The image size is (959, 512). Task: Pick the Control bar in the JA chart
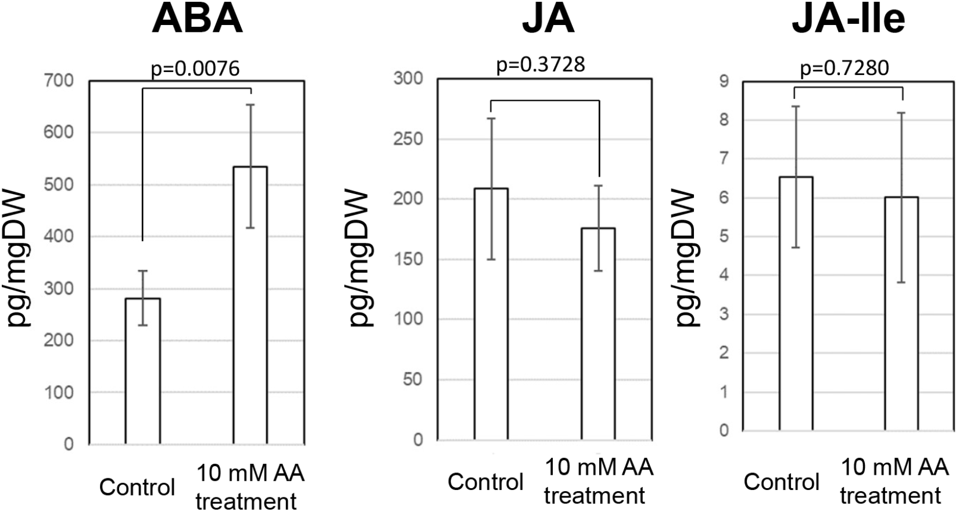point(491,314)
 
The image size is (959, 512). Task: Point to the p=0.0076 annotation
point(195,69)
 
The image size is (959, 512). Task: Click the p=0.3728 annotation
point(541,65)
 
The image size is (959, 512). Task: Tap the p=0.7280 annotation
point(844,69)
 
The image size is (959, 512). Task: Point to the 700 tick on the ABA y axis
point(60,81)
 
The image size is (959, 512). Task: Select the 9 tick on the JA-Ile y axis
point(724,81)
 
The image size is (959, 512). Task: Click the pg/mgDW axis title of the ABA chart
point(19,258)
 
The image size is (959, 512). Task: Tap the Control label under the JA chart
point(485,482)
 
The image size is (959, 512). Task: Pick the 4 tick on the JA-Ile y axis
point(724,275)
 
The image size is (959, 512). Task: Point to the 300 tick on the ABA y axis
point(60,289)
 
